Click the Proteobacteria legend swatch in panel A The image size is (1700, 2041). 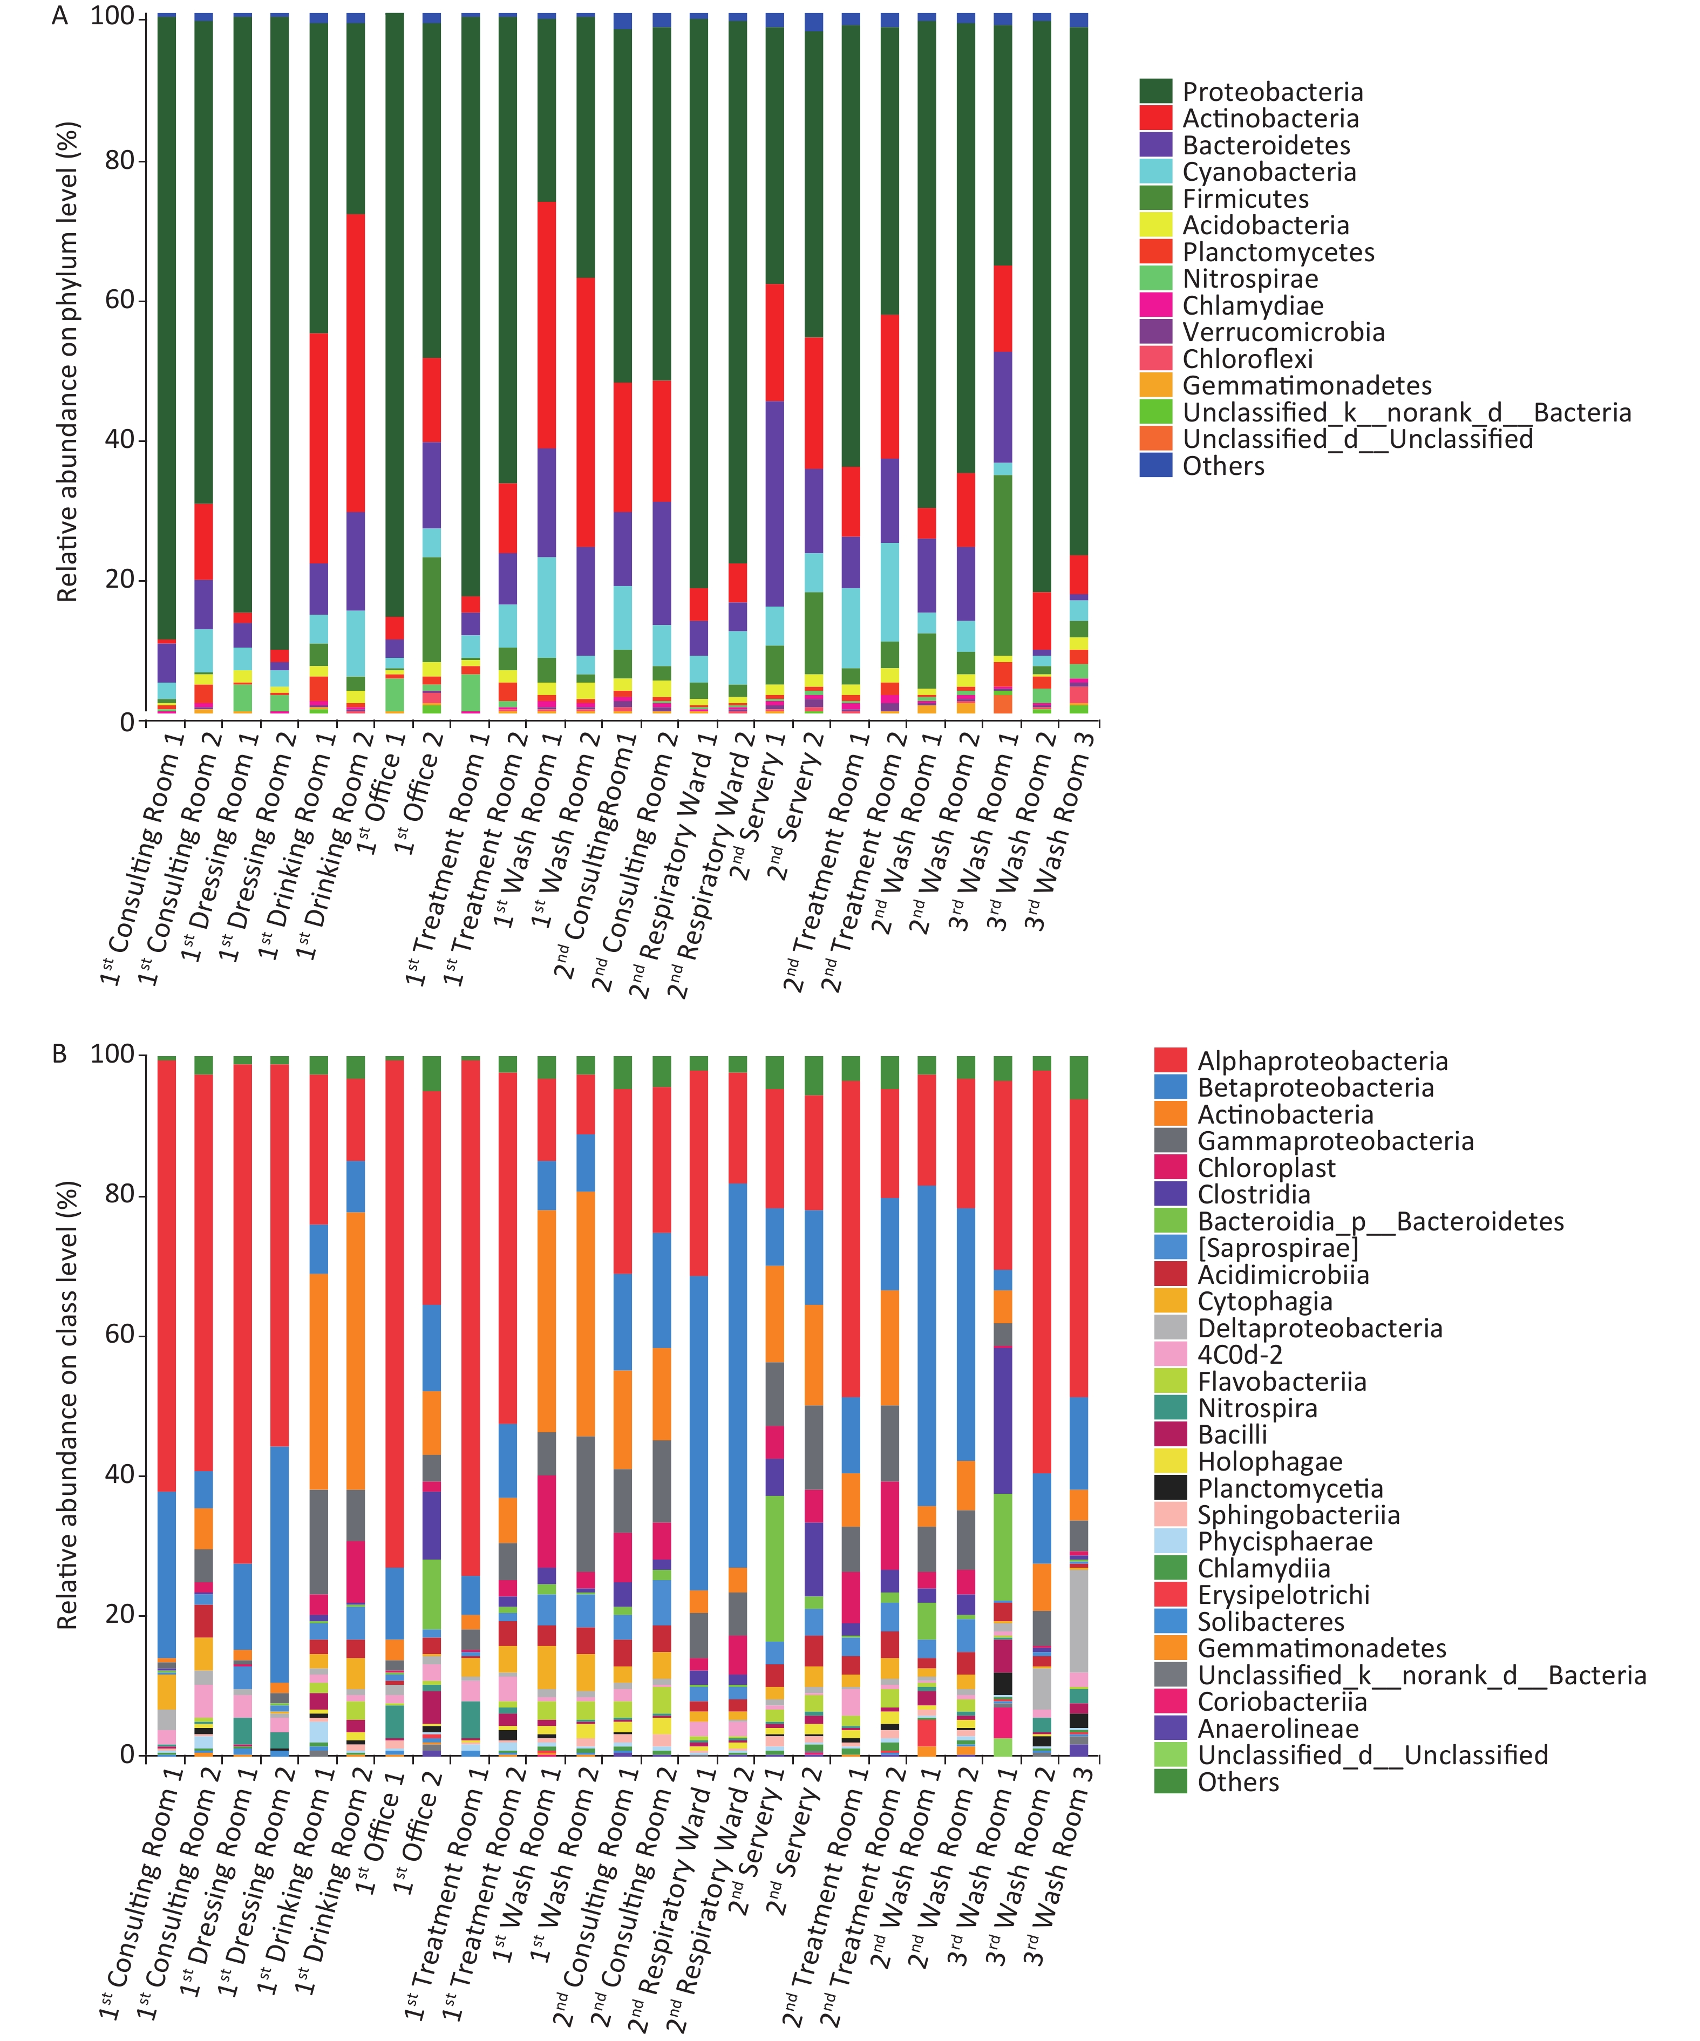coord(1155,91)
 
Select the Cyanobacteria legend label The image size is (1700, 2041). coord(1268,172)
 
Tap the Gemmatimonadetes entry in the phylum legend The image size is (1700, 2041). coord(1307,386)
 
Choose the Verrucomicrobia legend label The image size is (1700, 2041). coord(1283,332)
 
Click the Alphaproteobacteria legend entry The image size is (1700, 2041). coord(1322,1062)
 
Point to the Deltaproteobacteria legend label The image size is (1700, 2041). coord(1320,1329)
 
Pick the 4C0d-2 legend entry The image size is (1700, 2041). coord(1239,1355)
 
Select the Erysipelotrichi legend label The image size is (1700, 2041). coord(1283,1595)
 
